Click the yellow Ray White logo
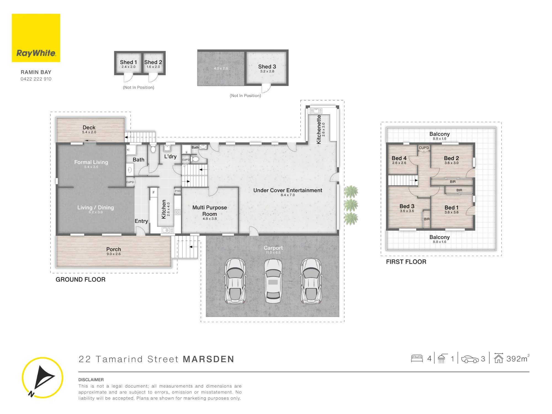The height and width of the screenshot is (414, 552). [36, 38]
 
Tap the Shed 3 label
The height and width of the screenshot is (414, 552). [267, 67]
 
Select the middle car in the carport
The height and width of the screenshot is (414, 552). [273, 281]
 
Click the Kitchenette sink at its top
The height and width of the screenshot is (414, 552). [316, 111]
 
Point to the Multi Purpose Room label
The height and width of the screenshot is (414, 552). [209, 211]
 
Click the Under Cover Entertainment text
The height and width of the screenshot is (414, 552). [288, 190]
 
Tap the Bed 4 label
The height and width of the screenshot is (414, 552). [399, 158]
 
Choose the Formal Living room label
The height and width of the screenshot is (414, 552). [91, 162]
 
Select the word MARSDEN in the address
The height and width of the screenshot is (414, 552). [209, 359]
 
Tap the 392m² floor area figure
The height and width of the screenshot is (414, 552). [518, 359]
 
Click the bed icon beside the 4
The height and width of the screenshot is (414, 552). [417, 358]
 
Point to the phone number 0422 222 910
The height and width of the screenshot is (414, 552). [36, 79]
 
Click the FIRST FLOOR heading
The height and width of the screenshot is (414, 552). [406, 262]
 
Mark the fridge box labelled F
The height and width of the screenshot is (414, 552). [154, 192]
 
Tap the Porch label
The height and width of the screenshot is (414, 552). [114, 249]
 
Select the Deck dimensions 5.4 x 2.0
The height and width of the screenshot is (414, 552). [89, 132]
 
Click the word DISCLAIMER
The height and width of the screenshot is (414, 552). [91, 380]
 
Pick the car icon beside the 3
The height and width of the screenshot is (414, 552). [470, 359]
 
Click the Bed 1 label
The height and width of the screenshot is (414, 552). [451, 208]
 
